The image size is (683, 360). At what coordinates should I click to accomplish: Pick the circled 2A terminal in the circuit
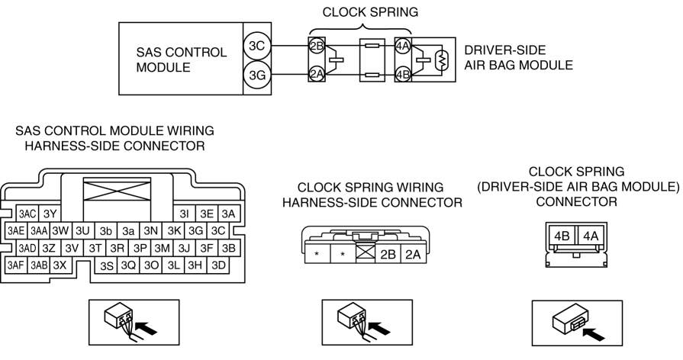pos(317,74)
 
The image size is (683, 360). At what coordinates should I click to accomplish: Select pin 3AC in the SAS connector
pos(28,214)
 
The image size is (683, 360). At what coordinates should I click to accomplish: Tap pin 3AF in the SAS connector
pos(15,265)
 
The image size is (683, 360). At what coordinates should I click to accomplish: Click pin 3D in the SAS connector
pos(218,265)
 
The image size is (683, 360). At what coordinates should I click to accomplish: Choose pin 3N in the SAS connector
pos(150,230)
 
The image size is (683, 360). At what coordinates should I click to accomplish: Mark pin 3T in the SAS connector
pos(95,248)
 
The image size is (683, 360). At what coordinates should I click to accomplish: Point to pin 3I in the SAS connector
pos(184,214)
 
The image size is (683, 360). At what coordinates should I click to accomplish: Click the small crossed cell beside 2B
pos(364,254)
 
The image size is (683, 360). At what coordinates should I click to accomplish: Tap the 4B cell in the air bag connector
pos(563,237)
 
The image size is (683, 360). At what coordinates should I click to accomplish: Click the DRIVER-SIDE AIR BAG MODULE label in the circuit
pos(518,59)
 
